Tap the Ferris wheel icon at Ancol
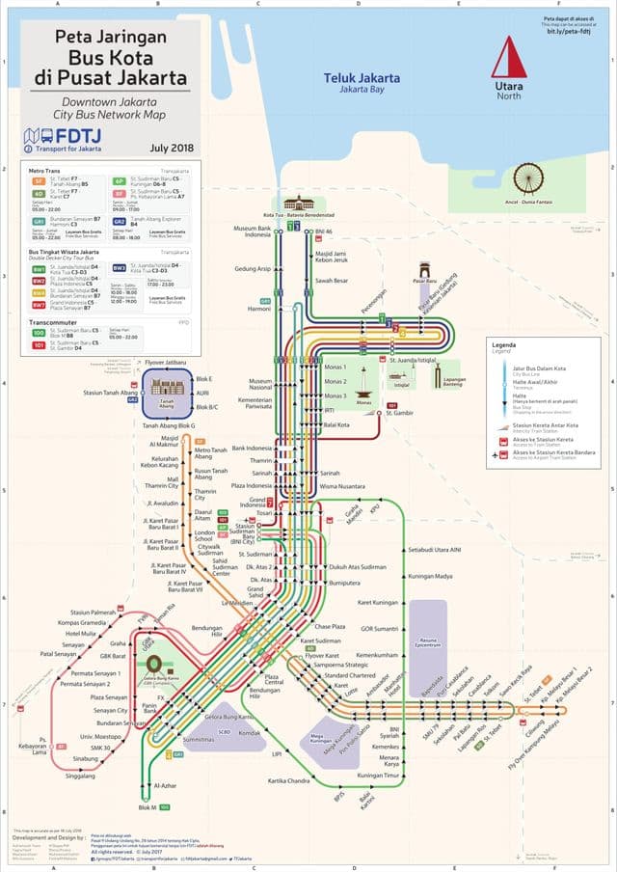point(527,179)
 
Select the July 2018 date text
point(173,148)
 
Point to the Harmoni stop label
point(259,310)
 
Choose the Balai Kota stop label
point(336,424)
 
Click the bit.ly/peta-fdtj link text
point(567,31)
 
